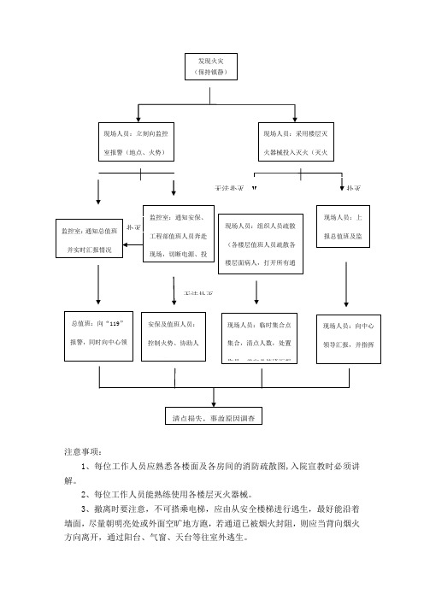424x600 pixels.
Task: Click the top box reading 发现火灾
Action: (209, 68)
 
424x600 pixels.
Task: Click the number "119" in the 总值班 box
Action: (119, 325)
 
